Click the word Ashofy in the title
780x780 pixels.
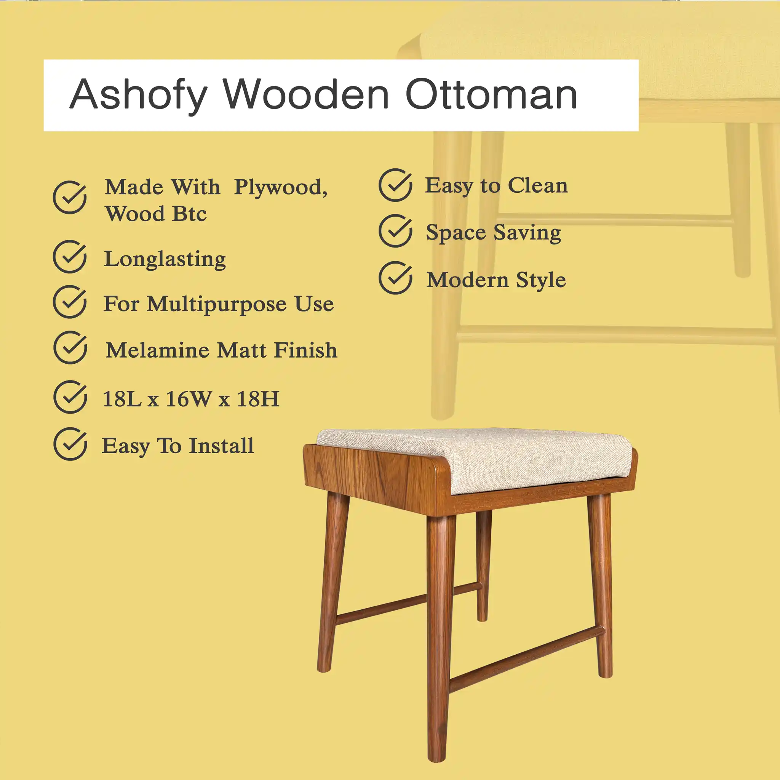[139, 95]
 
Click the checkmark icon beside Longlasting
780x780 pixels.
[70, 257]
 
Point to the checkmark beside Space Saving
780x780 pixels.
[396, 230]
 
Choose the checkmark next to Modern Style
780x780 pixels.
[396, 278]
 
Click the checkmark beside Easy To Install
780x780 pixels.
[70, 444]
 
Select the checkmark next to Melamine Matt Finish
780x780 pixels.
[70, 348]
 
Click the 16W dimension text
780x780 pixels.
[189, 399]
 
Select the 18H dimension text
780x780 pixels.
[258, 399]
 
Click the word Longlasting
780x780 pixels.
[165, 259]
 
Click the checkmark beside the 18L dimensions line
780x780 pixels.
[70, 397]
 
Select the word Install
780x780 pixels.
[222, 446]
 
